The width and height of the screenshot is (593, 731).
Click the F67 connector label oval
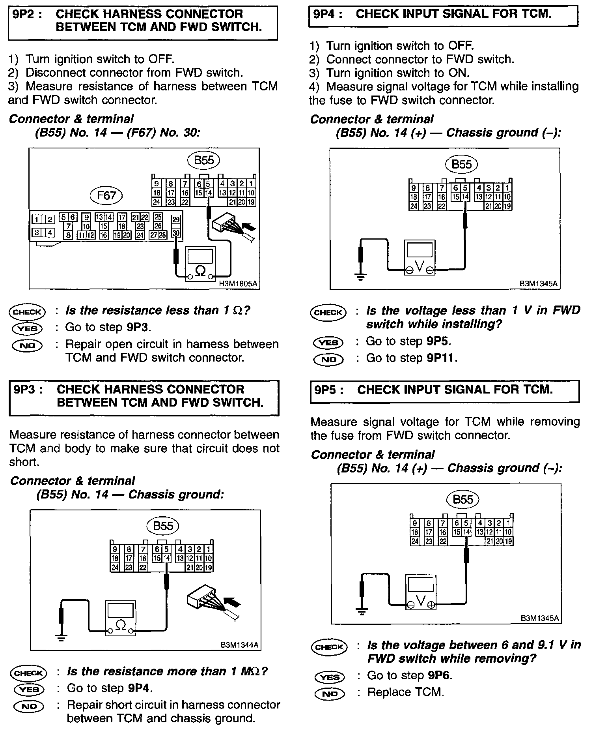point(107,196)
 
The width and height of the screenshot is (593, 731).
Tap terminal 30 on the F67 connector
point(176,233)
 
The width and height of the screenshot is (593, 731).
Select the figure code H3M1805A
point(238,283)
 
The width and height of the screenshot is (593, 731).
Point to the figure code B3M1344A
point(239,645)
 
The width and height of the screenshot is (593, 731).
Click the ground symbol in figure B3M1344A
point(61,637)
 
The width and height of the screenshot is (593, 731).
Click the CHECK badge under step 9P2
point(27,312)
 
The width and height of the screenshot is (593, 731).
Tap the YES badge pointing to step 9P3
point(27,328)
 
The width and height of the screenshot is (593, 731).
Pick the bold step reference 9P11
point(442,358)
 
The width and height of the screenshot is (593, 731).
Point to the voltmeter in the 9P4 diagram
point(420,257)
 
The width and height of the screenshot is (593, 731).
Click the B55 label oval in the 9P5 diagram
point(463,499)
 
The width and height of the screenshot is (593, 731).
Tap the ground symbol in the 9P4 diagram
point(360,276)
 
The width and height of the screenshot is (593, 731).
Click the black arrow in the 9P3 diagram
point(232,602)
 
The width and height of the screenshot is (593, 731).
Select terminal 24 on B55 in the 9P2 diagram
point(157,202)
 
